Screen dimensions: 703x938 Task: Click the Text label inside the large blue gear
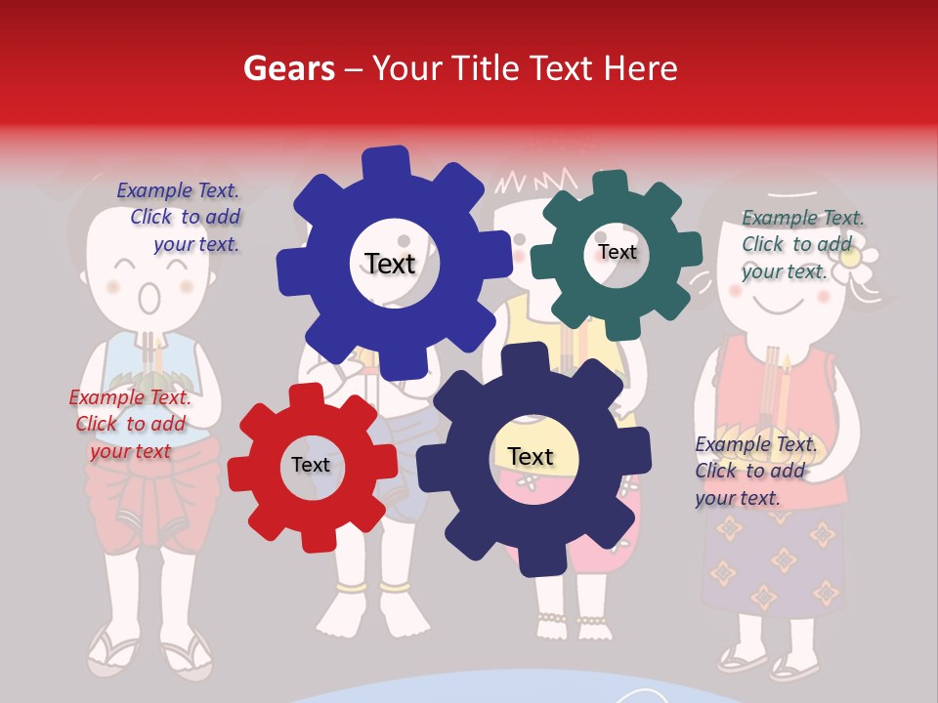(390, 264)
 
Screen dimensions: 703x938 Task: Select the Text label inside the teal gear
(618, 252)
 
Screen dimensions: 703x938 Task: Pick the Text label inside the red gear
(311, 465)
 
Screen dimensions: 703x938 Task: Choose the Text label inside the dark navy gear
(531, 456)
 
